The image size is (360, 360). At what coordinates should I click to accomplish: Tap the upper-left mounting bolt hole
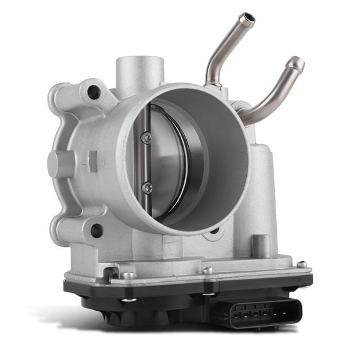coord(94,92)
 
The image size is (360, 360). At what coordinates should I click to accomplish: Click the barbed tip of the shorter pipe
coord(296,64)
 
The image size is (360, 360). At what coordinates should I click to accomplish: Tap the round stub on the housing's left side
coord(59,164)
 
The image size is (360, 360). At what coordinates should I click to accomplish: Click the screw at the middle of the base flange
coord(207,271)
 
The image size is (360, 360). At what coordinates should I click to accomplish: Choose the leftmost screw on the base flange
coord(127,275)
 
